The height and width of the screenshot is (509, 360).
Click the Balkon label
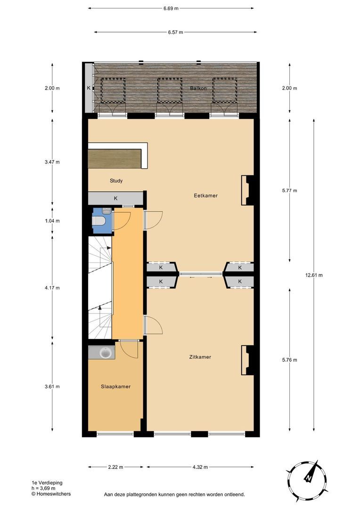[198, 89]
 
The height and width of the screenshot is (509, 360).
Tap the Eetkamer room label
[205, 196]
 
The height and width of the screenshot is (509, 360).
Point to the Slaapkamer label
[115, 386]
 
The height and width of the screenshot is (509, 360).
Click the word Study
[116, 181]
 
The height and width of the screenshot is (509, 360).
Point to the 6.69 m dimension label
[171, 8]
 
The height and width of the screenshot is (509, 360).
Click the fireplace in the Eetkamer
[247, 190]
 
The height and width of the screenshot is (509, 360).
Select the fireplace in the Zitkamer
[247, 361]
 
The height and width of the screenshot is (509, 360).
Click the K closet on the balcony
[89, 88]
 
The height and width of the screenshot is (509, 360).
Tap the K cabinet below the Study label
[115, 198]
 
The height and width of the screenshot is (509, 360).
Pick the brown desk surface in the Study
[115, 158]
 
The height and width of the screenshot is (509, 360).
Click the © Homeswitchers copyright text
[51, 494]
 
